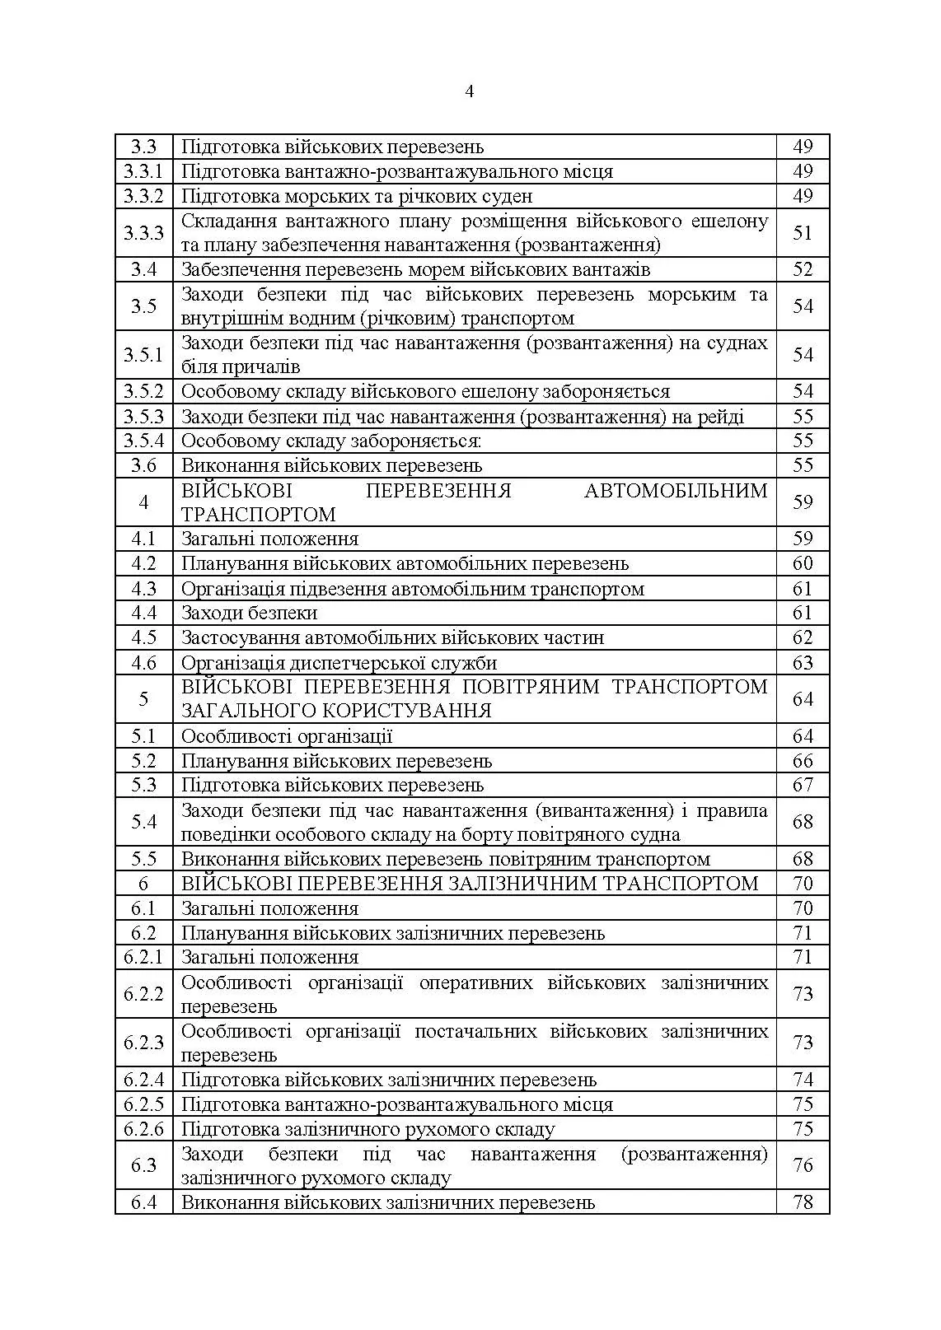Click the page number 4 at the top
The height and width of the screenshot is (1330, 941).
(469, 91)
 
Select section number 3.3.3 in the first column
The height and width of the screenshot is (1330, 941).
(143, 233)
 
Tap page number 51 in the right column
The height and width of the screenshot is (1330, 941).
(803, 233)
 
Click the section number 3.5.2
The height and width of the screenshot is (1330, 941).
(143, 391)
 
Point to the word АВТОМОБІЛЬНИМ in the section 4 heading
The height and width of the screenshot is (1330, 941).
(676, 491)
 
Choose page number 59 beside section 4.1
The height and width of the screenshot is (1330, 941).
(803, 539)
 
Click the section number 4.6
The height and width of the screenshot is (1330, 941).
(143, 663)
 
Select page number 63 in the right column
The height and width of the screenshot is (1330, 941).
(803, 663)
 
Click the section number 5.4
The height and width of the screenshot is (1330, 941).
(143, 822)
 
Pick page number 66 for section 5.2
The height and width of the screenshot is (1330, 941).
(803, 761)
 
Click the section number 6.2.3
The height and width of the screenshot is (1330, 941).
(143, 1043)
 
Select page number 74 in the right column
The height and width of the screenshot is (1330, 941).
(803, 1080)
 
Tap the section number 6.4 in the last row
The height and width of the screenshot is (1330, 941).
(143, 1202)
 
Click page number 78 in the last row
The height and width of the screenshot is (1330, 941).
(803, 1202)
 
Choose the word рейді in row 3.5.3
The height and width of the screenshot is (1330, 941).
(721, 417)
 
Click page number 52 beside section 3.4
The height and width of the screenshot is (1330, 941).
(803, 269)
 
